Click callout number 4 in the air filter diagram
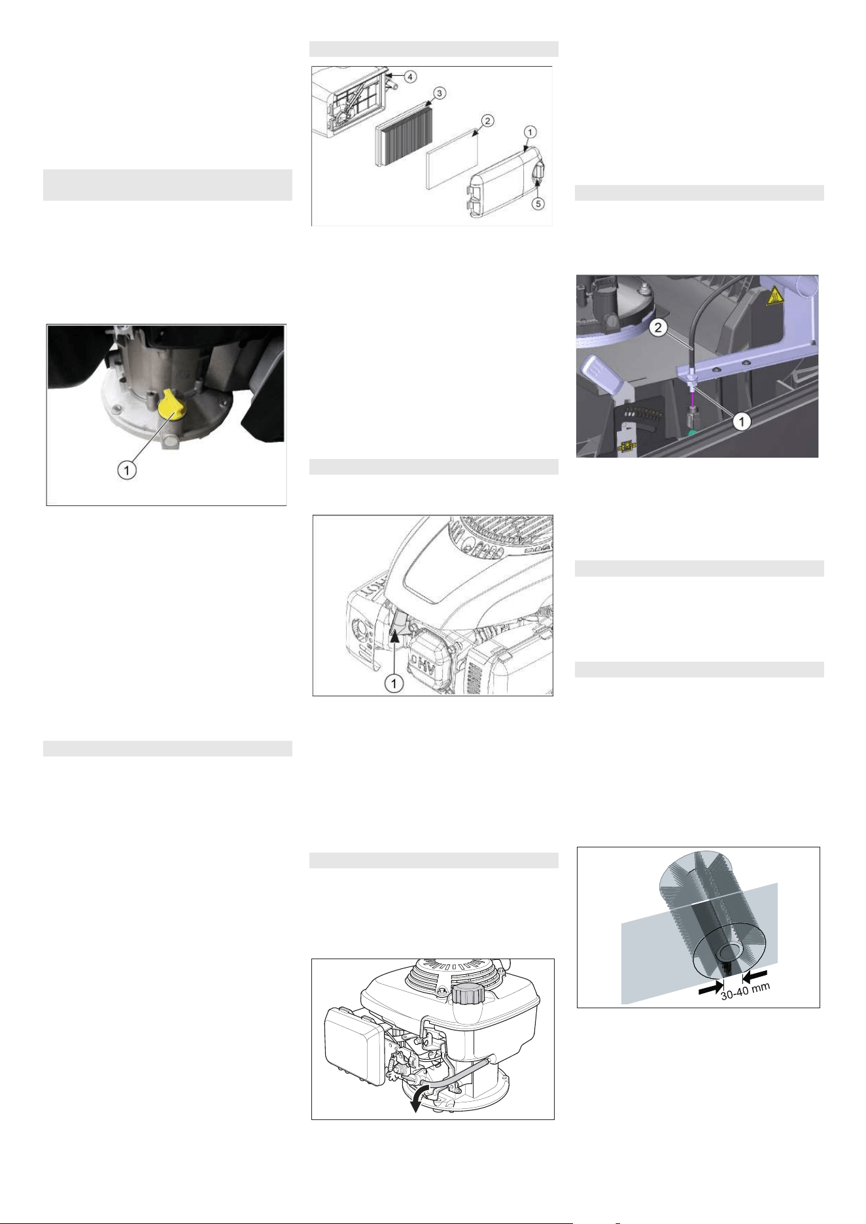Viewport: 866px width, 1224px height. click(x=408, y=77)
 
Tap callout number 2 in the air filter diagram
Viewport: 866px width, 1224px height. click(x=488, y=121)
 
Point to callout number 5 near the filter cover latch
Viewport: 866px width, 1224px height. click(x=538, y=203)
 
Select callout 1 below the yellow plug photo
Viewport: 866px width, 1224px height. click(x=127, y=469)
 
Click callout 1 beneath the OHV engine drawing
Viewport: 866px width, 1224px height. click(x=394, y=684)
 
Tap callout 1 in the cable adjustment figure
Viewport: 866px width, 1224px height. click(x=740, y=422)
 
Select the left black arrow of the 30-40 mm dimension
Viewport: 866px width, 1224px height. click(x=710, y=990)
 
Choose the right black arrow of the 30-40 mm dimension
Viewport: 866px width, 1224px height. click(x=755, y=977)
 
